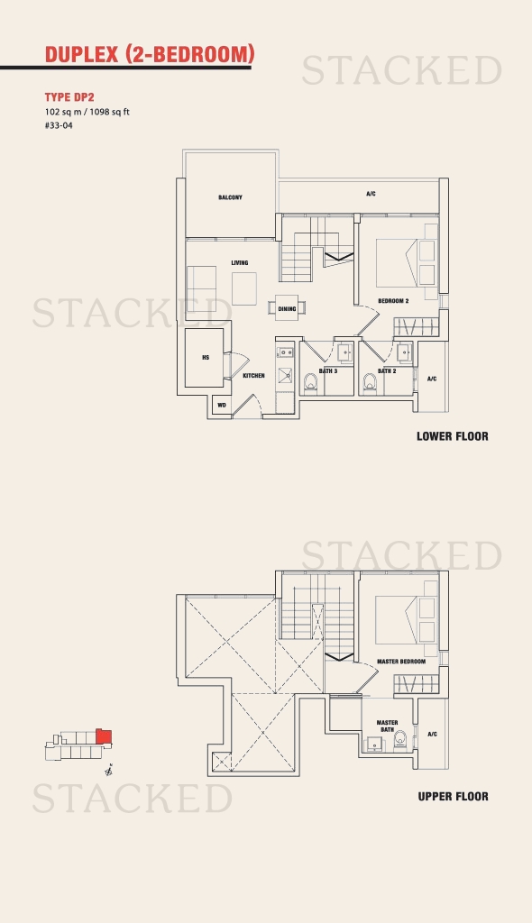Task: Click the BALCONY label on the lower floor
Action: (230, 197)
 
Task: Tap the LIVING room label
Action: (240, 262)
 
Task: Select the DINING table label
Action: (287, 308)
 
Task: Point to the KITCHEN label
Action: (254, 376)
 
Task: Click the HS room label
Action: (206, 357)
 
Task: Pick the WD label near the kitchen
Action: (222, 405)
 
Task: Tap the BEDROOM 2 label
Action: (393, 301)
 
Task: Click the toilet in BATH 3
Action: (311, 382)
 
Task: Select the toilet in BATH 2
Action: (370, 382)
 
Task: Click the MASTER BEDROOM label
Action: (401, 662)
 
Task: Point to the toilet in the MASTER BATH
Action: (400, 739)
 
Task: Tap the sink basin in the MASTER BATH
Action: (373, 745)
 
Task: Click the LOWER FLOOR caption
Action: (453, 436)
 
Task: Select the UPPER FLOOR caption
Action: (453, 797)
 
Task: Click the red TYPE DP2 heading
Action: (69, 97)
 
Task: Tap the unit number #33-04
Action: (59, 125)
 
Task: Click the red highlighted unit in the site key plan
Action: (104, 736)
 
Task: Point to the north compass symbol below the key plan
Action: (109, 770)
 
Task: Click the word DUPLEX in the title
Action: (82, 54)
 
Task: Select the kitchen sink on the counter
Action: (287, 375)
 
